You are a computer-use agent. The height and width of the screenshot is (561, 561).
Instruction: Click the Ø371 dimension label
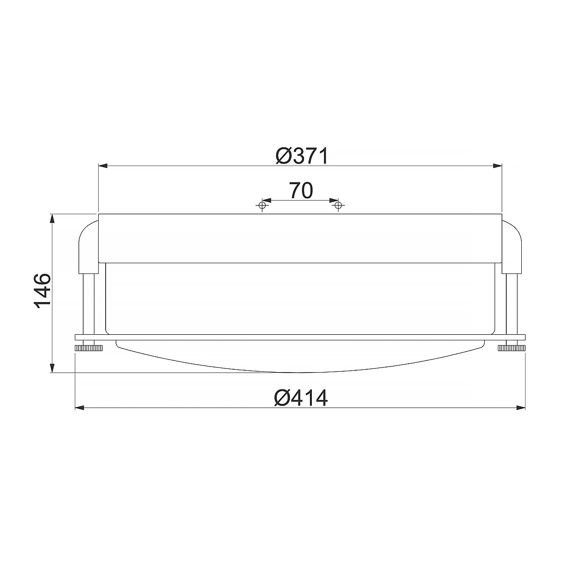click(302, 156)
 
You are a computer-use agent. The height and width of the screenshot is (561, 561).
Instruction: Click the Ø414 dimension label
click(302, 398)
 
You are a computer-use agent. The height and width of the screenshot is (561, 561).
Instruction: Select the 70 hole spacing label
click(301, 191)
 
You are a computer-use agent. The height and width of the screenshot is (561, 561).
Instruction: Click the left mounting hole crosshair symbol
click(262, 205)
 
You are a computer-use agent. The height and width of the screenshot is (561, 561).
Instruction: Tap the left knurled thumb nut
click(88, 347)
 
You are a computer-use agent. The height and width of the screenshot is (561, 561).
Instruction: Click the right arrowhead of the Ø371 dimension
click(496, 165)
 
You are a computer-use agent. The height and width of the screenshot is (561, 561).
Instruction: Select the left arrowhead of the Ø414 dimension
click(80, 408)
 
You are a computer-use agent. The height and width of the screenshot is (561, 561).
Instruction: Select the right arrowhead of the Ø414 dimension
click(520, 408)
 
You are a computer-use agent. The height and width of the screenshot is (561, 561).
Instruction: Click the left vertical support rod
click(88, 304)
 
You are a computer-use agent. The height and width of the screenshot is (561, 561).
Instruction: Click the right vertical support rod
click(511, 304)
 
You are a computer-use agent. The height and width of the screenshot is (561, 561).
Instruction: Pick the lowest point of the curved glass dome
click(300, 372)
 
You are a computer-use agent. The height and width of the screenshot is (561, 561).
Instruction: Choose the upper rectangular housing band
click(300, 238)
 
